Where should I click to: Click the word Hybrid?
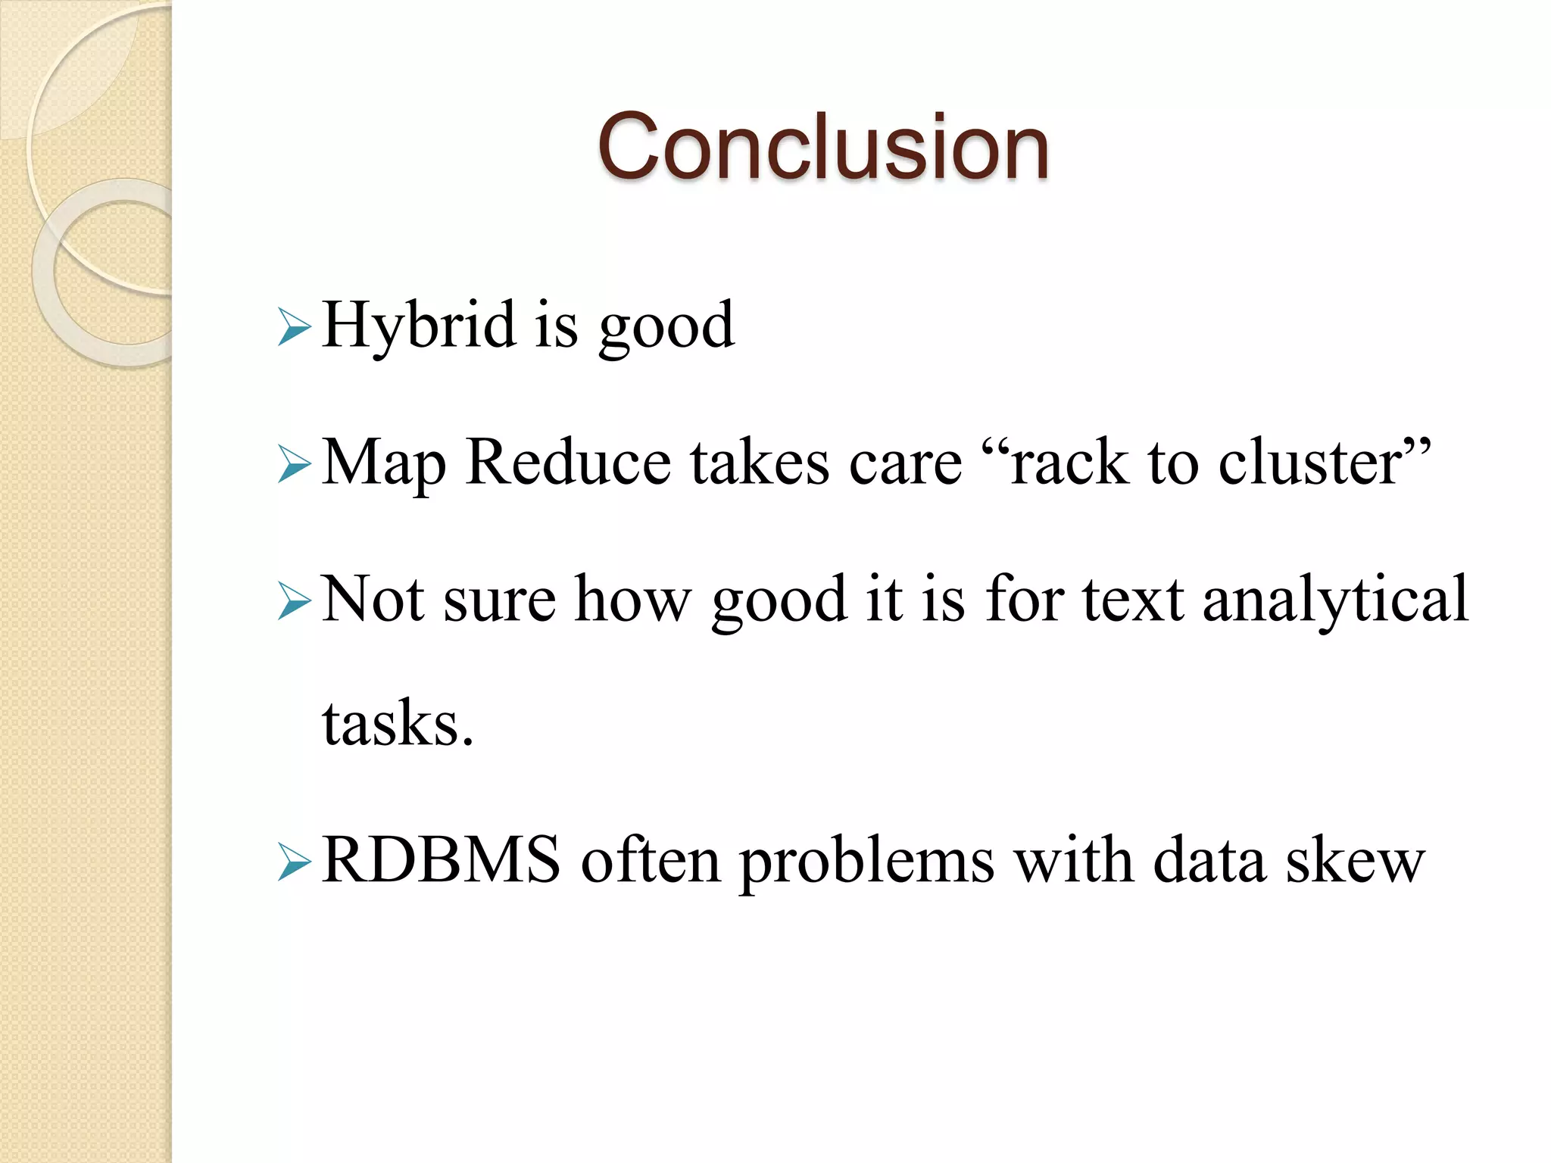[x=419, y=326]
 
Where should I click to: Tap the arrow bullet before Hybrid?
[x=294, y=327]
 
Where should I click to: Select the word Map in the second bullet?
[x=384, y=463]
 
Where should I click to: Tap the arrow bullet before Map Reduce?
[x=294, y=464]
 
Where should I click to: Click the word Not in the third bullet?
[x=373, y=599]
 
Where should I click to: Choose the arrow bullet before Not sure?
[x=294, y=601]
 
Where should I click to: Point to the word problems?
[x=866, y=862]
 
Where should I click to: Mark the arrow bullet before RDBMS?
[x=294, y=862]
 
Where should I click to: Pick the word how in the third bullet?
[x=633, y=599]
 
